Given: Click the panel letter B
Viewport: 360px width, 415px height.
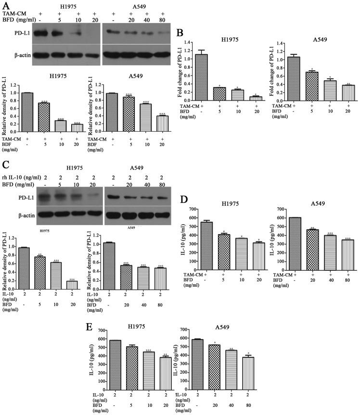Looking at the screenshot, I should tap(180, 34).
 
